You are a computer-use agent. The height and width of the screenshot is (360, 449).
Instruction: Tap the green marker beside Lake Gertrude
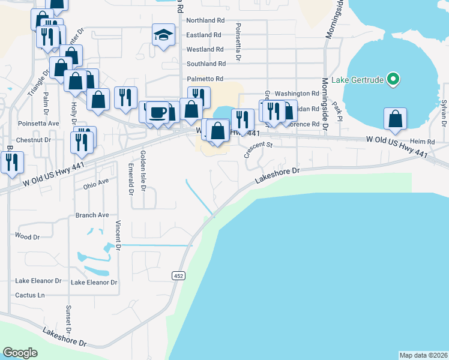pyautogui.click(x=393, y=79)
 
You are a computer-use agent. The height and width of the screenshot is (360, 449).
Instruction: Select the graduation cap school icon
pyautogui.click(x=163, y=34)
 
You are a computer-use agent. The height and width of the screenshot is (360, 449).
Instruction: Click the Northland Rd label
pyautogui.click(x=205, y=20)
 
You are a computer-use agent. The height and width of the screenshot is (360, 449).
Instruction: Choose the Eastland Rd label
pyautogui.click(x=205, y=35)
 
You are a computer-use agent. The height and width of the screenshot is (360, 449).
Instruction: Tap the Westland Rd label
pyautogui.click(x=205, y=49)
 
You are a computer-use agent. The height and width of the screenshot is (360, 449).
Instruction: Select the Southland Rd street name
pyautogui.click(x=206, y=64)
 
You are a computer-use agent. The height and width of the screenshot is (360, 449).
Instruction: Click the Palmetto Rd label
pyautogui.click(x=205, y=79)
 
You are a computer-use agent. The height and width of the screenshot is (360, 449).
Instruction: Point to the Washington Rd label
pyautogui.click(x=297, y=94)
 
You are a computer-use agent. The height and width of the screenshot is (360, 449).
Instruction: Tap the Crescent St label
pyautogui.click(x=258, y=145)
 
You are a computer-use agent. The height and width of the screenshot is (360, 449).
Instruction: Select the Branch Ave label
pyautogui.click(x=92, y=215)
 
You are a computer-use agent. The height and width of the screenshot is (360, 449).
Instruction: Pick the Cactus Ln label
pyautogui.click(x=30, y=295)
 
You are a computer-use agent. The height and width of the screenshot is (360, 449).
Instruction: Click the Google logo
pyautogui.click(x=20, y=353)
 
